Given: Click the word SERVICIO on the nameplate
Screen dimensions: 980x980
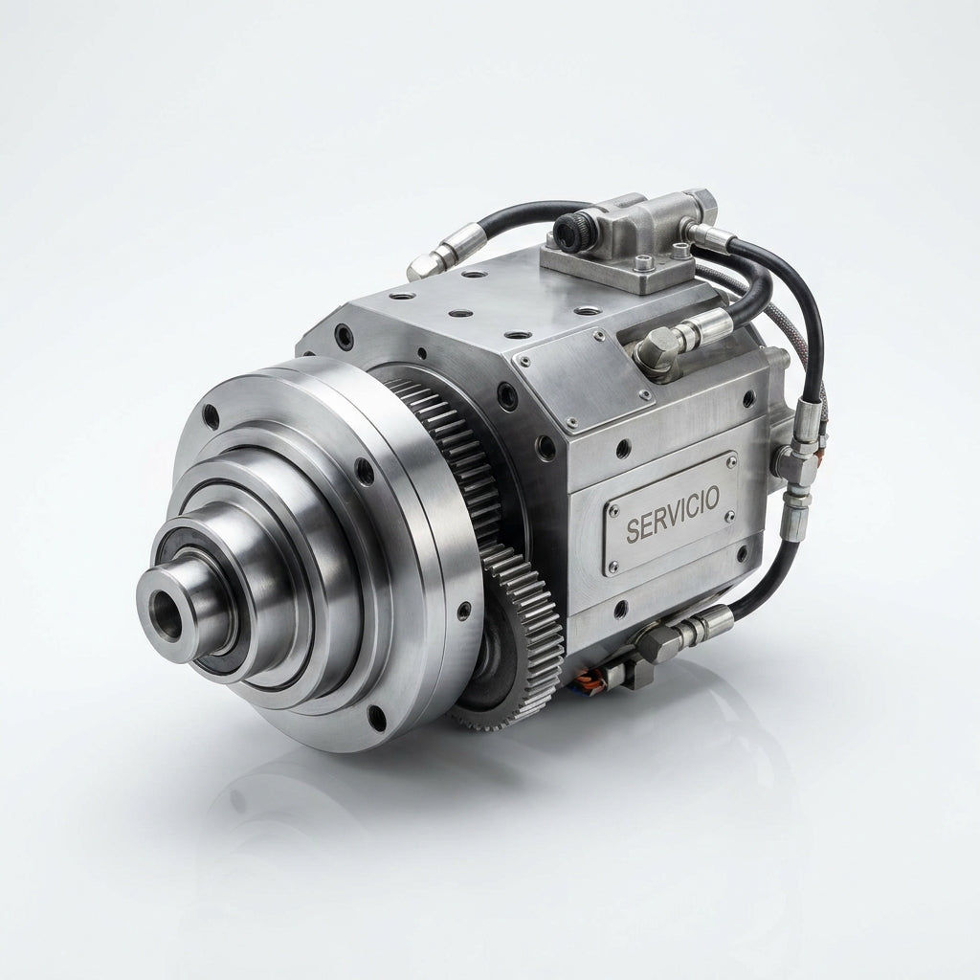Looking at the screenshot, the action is pos(673,514).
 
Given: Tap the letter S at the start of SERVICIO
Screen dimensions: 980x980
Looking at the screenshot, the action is pos(633,531).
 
